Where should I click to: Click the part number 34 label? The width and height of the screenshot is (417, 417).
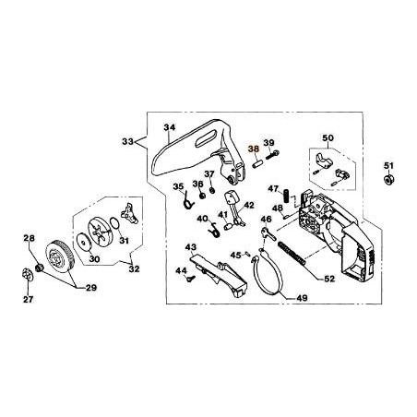point(169,127)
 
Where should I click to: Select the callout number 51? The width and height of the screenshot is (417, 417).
point(387,166)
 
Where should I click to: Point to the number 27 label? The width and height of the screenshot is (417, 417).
point(27,299)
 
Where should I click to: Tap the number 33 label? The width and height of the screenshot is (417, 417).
point(128,142)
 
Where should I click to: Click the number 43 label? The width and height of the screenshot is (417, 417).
point(191,247)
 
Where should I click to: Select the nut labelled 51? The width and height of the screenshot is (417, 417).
point(387,180)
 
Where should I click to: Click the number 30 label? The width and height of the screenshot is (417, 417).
point(93,259)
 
